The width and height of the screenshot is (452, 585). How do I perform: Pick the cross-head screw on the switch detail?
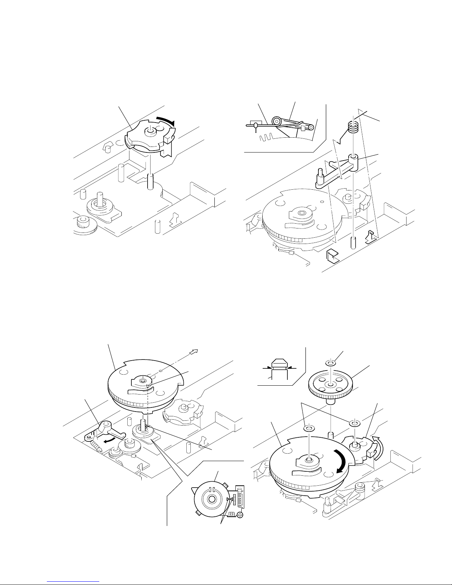[x=240, y=515]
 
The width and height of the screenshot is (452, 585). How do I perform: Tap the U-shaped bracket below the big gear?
[x=332, y=256]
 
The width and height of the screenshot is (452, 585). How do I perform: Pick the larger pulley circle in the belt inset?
[x=276, y=121]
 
